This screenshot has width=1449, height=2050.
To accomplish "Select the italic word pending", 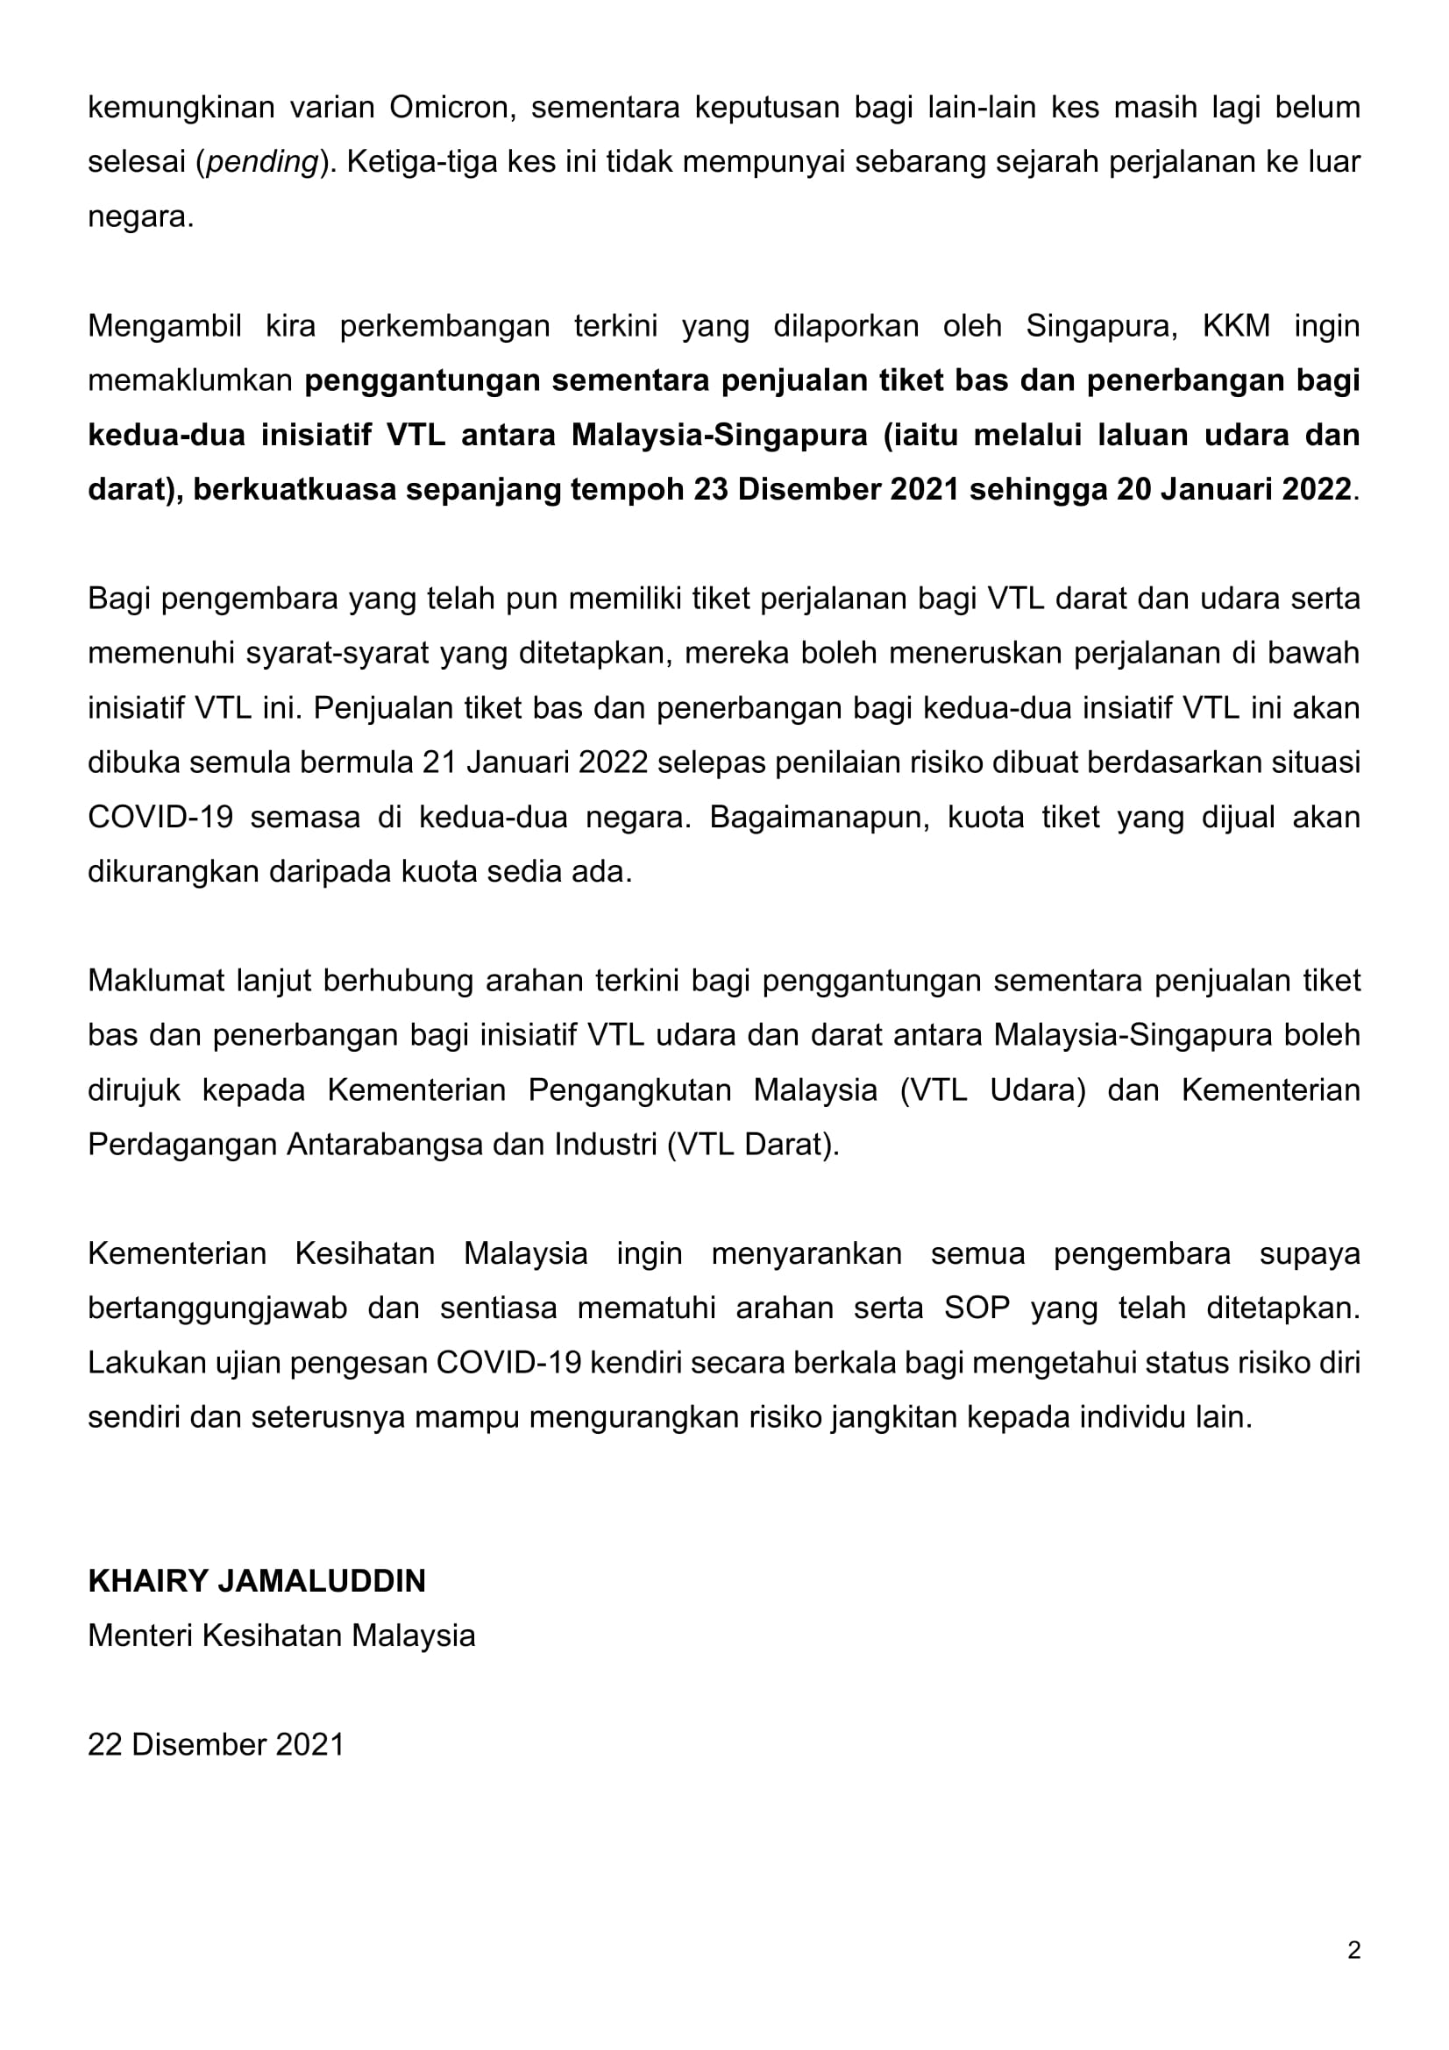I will coord(262,162).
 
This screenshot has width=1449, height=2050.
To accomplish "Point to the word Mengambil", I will coord(164,326).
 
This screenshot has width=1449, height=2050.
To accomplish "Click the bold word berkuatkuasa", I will coord(295,490).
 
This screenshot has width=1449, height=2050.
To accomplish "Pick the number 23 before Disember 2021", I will coord(711,490).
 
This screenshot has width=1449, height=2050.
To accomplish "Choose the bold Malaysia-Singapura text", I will coord(719,435).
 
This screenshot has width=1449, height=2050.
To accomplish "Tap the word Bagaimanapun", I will coord(820,817).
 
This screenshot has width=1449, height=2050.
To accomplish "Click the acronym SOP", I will coord(977,1308).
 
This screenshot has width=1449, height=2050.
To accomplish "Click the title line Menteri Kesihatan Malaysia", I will coord(281,1635).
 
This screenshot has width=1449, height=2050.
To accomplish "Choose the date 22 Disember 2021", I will coord(216,1745).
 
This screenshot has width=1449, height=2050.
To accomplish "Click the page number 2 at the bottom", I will coord(1353,1950).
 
